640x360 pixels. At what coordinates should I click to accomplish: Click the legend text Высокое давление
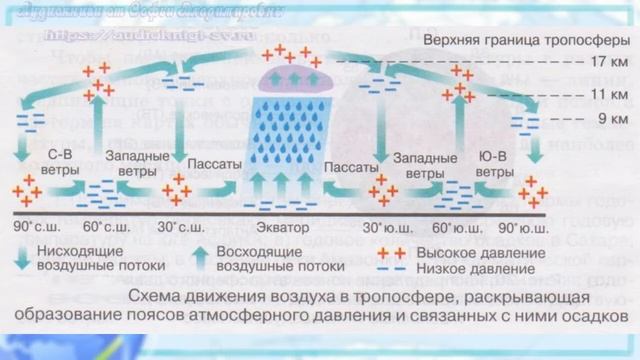click(474, 252)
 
